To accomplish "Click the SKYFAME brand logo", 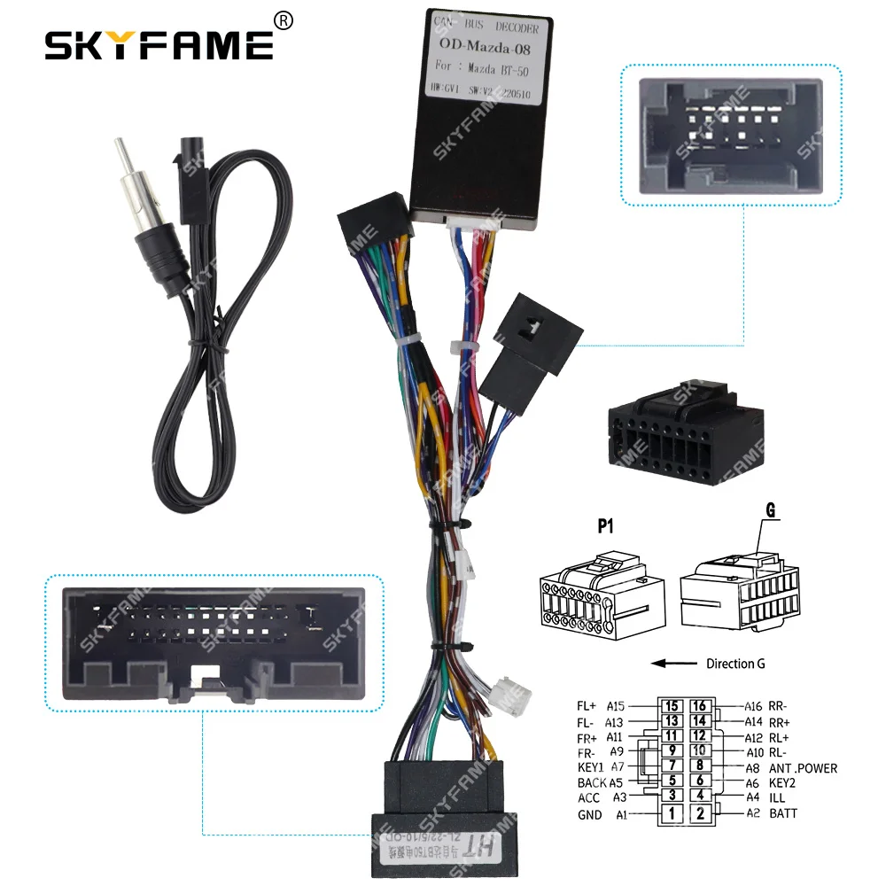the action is pos(159,44).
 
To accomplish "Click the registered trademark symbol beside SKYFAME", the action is pos(283,19).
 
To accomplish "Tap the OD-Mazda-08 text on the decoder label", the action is pos(486,50).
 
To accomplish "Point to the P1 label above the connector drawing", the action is pos(605,526).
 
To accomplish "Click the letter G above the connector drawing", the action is pos(769,511).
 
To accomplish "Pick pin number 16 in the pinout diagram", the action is pos(701,706).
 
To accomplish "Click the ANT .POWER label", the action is pos(803,768).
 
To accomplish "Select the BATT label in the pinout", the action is pos(783,813).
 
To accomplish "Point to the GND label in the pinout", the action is pos(589,814).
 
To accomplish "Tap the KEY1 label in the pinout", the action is pos(590,768).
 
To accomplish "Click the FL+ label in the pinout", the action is pos(587,706).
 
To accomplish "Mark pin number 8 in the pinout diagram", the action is pos(701,766).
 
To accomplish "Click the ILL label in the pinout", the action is pos(778,798).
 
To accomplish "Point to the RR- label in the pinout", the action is pos(779,706).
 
